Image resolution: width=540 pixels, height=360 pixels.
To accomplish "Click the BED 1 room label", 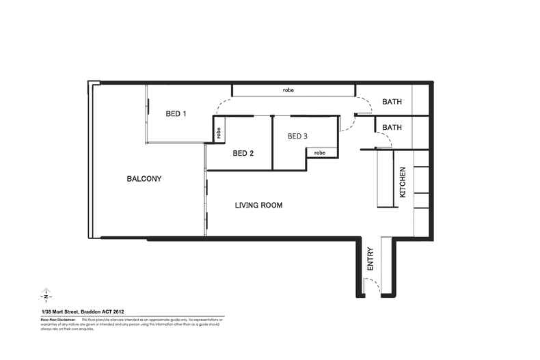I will click(176, 113).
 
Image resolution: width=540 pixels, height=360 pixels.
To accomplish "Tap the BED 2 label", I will click(243, 154).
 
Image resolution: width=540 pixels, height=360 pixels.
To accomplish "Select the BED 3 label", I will click(297, 137).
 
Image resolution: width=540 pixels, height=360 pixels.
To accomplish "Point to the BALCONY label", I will click(144, 179).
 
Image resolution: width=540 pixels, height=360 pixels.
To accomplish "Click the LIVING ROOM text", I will click(258, 206).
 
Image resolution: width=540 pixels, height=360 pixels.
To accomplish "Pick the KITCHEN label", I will click(403, 182).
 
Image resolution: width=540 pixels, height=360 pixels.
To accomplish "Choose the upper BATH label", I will click(392, 102).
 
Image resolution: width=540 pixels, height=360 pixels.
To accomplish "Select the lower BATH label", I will click(392, 128).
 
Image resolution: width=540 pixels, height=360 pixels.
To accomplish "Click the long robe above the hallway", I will click(293, 90).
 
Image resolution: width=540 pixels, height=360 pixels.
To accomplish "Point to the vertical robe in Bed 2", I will click(219, 133).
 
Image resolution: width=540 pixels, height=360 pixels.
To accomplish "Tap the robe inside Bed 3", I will click(320, 153).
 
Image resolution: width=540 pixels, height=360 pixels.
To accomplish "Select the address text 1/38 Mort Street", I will click(61, 311).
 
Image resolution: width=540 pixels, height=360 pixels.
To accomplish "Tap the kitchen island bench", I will click(385, 178).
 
